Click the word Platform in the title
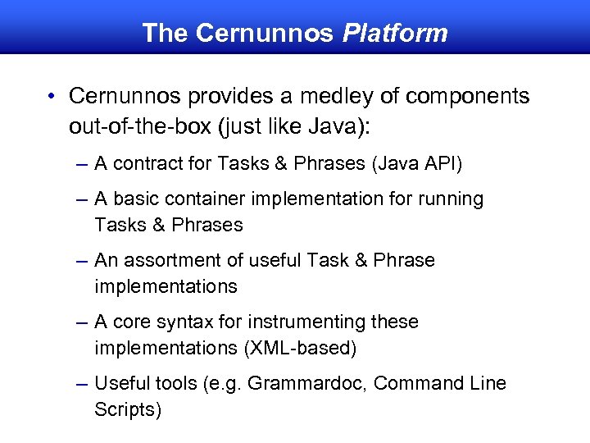[x=395, y=34]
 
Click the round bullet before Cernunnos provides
[x=52, y=97]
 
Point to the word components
[x=469, y=97]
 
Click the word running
[x=451, y=199]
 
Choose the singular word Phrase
[x=403, y=261]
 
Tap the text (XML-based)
[x=299, y=348]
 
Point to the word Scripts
[x=127, y=409]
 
